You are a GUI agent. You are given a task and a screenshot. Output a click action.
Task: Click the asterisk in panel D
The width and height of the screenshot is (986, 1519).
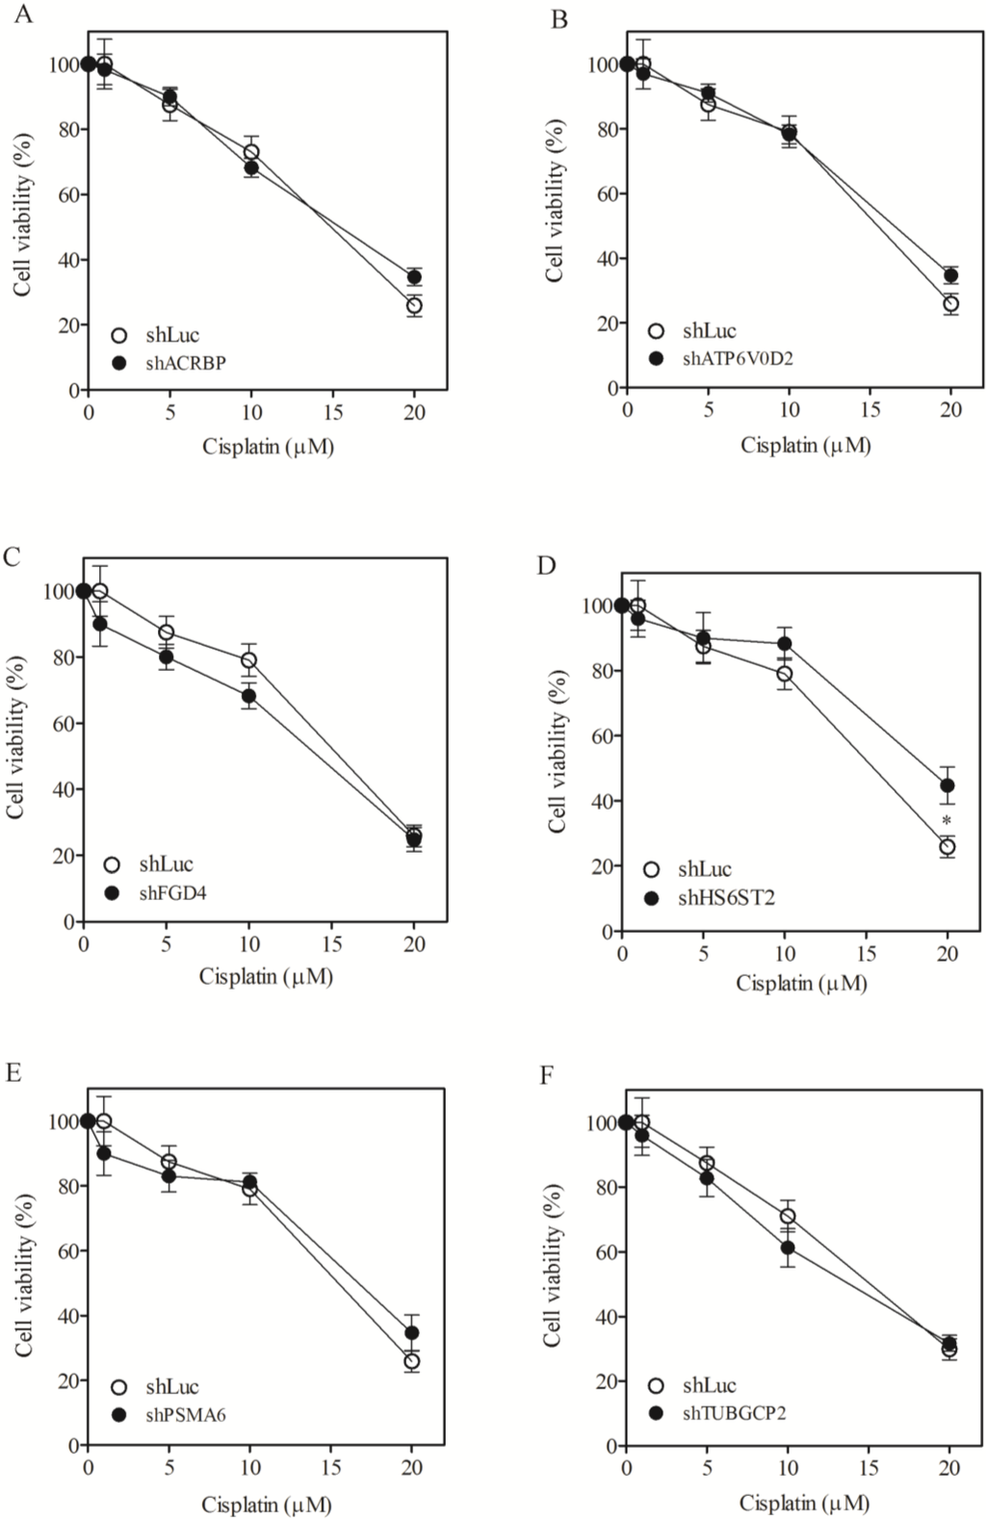point(947,821)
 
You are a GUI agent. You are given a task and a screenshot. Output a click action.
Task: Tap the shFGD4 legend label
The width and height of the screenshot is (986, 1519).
point(172,892)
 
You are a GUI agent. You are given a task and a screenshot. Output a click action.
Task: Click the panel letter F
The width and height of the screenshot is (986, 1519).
point(547,1072)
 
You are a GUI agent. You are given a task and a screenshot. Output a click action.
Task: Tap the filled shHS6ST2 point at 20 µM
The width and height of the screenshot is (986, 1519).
point(947,785)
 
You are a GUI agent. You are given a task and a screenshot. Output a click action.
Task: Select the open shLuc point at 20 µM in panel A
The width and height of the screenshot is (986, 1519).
point(414,306)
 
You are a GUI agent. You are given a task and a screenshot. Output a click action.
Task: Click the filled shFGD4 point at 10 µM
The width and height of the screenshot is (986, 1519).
point(249,696)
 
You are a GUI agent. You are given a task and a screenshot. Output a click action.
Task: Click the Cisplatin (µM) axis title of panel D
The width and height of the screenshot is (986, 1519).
point(801,983)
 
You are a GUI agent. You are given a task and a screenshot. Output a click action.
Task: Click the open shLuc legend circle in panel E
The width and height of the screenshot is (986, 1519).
point(120,1387)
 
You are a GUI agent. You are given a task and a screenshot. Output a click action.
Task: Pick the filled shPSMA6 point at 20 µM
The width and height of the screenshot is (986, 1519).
point(412,1333)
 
